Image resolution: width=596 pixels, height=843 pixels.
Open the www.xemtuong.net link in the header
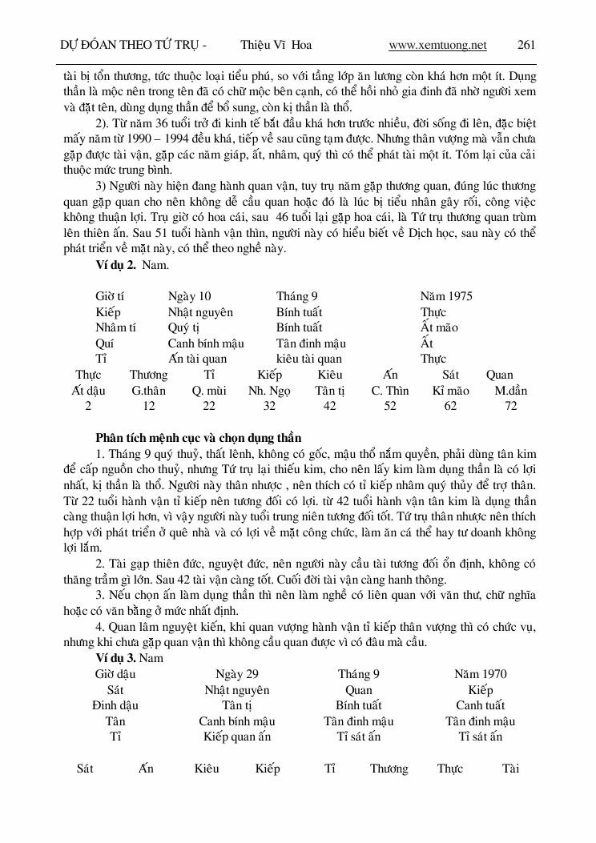click(x=437, y=45)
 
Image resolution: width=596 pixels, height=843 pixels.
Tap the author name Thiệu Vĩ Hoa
click(x=276, y=45)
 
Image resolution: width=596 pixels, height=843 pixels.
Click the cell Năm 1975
click(x=446, y=296)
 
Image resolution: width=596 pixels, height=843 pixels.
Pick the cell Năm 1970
click(x=480, y=674)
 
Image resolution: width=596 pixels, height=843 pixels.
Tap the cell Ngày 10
click(x=189, y=296)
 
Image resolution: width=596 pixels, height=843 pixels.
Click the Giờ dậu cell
click(x=115, y=674)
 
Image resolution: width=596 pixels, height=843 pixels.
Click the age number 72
click(x=511, y=406)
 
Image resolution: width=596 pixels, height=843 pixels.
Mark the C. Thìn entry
click(x=390, y=391)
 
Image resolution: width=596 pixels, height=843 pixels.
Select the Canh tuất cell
click(x=480, y=705)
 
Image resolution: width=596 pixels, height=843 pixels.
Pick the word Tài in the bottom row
click(x=510, y=769)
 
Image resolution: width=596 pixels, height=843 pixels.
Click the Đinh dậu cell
click(x=115, y=705)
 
